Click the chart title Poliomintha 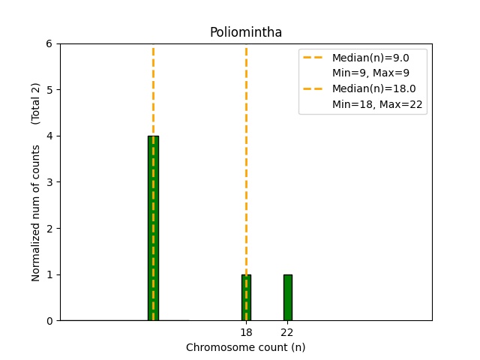point(245,32)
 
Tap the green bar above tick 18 point(246,298)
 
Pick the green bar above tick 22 point(287,298)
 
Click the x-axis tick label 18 point(246,332)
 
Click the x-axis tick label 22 point(287,332)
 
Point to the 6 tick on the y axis point(49,43)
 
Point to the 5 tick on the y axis point(49,90)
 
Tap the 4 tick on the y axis point(49,136)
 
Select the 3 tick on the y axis point(49,182)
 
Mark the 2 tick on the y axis point(49,228)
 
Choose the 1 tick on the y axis point(49,274)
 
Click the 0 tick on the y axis point(49,321)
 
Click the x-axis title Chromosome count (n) point(245,347)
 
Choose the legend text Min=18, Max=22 point(379,105)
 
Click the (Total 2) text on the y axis point(36,103)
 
